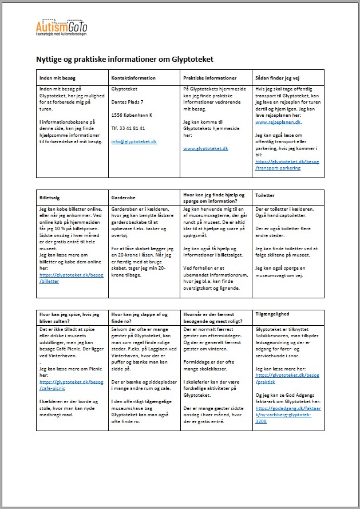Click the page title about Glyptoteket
133,59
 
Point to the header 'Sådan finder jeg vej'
278,78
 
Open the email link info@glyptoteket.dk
133,141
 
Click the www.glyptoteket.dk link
205,148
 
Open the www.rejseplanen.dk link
278,122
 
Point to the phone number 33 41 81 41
128,128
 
